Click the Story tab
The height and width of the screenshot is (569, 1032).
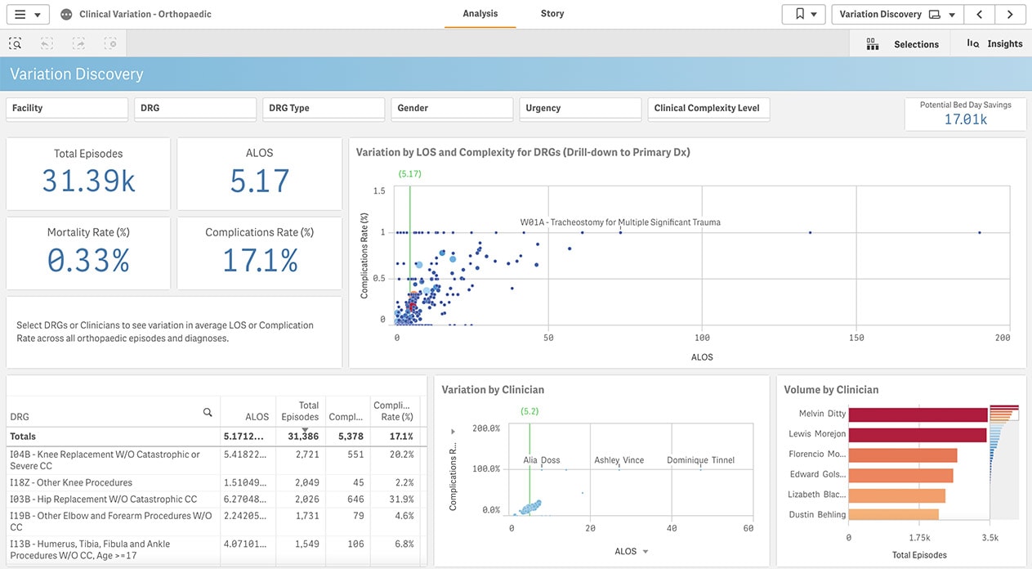tap(552, 14)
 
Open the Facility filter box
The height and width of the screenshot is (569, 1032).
tap(67, 109)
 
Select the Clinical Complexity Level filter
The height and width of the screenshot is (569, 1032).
tap(708, 109)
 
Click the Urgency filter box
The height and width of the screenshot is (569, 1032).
tap(579, 109)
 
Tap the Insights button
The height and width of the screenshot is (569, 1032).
tap(994, 44)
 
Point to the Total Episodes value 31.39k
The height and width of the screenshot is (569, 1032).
tap(88, 181)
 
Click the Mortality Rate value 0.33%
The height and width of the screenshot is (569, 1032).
tap(88, 260)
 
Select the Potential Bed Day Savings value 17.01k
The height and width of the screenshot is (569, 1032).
tap(965, 119)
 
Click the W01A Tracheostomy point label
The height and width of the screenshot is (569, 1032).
tap(620, 222)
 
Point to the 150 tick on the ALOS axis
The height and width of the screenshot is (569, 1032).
tap(856, 338)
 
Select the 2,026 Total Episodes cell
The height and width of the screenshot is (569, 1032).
tap(303, 500)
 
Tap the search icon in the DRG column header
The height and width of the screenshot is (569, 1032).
tap(208, 413)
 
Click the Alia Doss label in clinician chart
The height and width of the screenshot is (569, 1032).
tap(542, 460)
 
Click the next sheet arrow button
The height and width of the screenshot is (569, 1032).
tap(1010, 14)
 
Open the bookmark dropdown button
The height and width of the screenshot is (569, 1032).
tap(802, 14)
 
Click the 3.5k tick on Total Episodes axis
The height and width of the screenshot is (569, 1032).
tap(990, 538)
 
